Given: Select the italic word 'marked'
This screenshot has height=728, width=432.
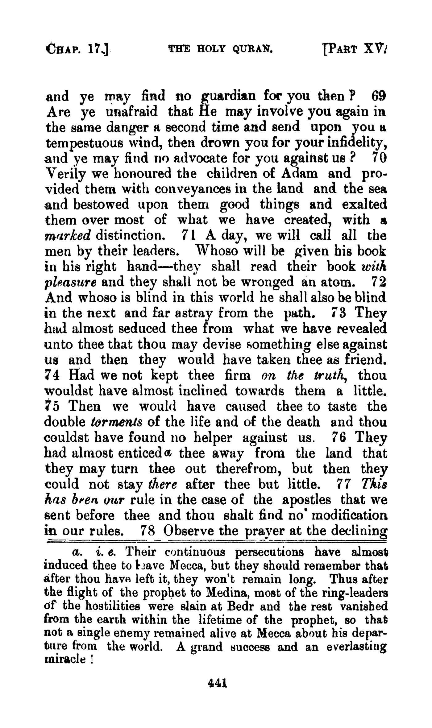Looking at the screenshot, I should click(x=68, y=236).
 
